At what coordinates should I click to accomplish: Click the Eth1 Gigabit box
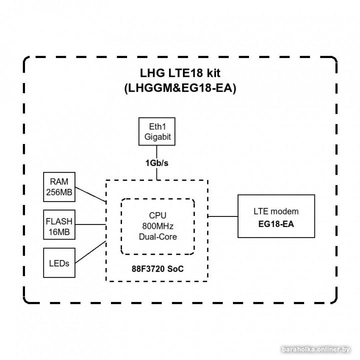[x=157, y=131]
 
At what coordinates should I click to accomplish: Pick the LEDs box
[x=59, y=262]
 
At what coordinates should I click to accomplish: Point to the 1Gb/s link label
[x=157, y=163]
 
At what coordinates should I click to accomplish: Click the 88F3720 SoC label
[x=158, y=268]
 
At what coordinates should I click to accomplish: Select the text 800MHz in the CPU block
[x=158, y=226]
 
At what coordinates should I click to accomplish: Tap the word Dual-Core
[x=158, y=236]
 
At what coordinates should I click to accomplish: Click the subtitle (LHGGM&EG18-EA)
[x=179, y=88]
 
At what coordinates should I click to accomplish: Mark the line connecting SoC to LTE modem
[x=223, y=216]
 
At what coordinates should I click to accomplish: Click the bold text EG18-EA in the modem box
[x=276, y=223]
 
